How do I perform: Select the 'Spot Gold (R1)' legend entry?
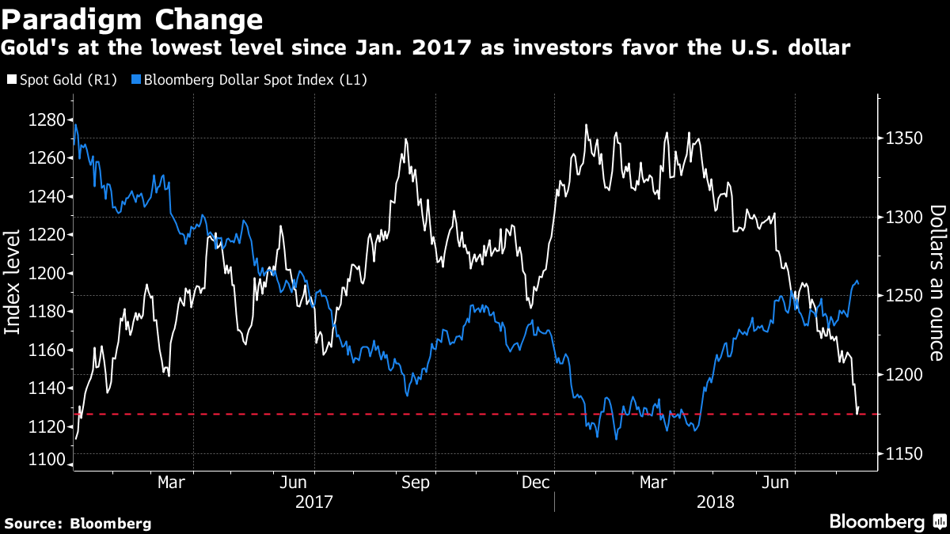click(x=61, y=80)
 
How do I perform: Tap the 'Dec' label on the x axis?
click(x=536, y=482)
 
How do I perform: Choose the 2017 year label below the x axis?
click(x=313, y=502)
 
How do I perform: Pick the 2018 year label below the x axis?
click(x=716, y=502)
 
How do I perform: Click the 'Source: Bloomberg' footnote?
click(x=78, y=523)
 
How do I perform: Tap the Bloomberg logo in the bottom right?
click(x=887, y=521)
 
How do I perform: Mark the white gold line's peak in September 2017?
click(x=405, y=139)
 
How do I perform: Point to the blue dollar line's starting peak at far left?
click(x=75, y=124)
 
